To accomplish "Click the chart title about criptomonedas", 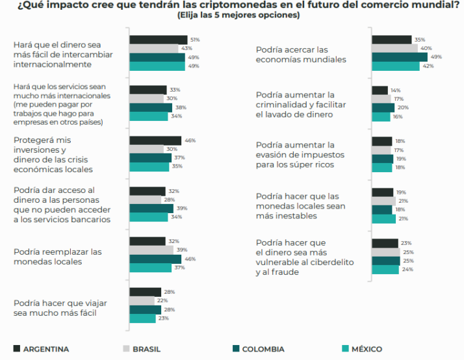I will pyautogui.click(x=232, y=6).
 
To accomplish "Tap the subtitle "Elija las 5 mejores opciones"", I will pyautogui.click(x=232, y=16).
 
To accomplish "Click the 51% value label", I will pyautogui.click(x=194, y=40).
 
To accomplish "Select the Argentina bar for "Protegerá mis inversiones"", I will pyautogui.click(x=155, y=140).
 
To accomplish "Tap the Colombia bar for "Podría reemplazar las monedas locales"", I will pyautogui.click(x=155, y=259).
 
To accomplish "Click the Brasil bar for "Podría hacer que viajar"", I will pyautogui.click(x=142, y=301).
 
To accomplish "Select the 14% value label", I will pyautogui.click(x=395, y=90).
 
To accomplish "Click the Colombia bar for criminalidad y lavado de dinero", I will pyautogui.click(x=383, y=107).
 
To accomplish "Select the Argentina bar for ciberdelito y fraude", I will pyautogui.click(x=385, y=243).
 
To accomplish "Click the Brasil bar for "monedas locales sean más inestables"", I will pyautogui.click(x=383, y=201).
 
